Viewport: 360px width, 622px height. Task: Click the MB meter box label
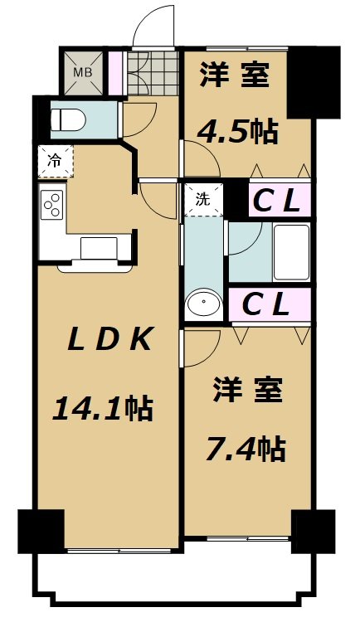click(x=83, y=73)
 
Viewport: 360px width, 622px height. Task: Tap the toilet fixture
click(x=69, y=119)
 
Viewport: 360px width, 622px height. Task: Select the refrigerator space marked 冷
click(x=56, y=161)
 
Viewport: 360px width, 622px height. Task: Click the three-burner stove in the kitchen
click(x=53, y=204)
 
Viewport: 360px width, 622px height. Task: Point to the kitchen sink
click(x=99, y=248)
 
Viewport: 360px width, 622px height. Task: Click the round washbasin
click(x=203, y=302)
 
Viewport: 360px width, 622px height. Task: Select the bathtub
click(x=290, y=253)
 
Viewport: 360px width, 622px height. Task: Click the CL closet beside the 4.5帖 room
click(x=280, y=201)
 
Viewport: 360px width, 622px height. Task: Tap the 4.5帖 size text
click(x=237, y=132)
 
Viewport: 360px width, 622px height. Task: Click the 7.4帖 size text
click(x=246, y=449)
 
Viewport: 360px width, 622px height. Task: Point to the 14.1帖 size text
click(x=102, y=409)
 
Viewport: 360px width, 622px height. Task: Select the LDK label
click(x=109, y=339)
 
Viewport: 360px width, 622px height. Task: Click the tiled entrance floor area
click(x=153, y=73)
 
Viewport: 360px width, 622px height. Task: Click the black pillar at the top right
click(x=314, y=82)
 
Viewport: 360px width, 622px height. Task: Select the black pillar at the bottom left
click(x=41, y=532)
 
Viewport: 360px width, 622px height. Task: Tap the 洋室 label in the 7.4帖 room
click(x=248, y=390)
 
